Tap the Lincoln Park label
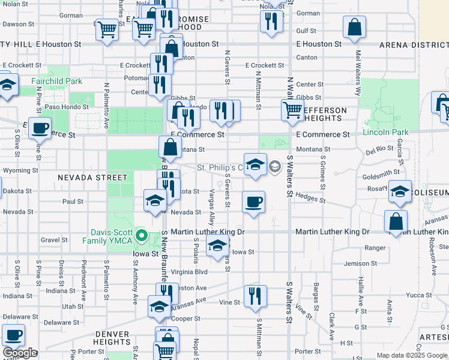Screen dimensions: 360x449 (x=385, y=132)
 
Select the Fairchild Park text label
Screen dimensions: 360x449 (x=58, y=80)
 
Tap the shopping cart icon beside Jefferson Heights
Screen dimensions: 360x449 (x=292, y=109)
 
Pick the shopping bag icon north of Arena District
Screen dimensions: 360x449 (x=355, y=27)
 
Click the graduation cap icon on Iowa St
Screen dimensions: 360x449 (x=217, y=245)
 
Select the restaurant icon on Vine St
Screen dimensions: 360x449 (x=255, y=296)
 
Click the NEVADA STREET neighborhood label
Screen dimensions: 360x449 (x=93, y=178)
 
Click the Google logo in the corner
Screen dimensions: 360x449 (x=20, y=353)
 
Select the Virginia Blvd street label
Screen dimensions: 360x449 (x=189, y=271)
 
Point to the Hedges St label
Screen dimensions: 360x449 (x=310, y=199)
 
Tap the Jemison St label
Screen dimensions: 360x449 (x=360, y=263)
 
